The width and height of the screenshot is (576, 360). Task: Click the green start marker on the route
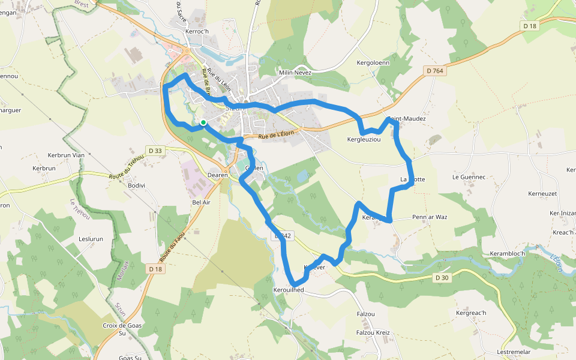pos(203,122)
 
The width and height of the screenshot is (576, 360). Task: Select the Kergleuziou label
pos(364,139)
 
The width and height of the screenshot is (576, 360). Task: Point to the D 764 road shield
pos(435,71)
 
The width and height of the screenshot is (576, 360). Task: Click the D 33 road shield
pos(155,150)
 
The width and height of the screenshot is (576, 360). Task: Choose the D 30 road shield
pos(442,278)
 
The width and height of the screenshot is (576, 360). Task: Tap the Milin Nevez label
pos(295,73)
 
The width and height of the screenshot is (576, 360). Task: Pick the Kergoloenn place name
pos(373,62)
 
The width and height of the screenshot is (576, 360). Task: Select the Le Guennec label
pos(469,177)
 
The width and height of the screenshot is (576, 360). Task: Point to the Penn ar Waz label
pos(430,217)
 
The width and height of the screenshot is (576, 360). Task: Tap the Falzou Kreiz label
pos(373,332)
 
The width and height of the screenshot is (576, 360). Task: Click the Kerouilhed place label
pos(289,290)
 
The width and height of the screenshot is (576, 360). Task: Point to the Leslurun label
pos(91,239)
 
